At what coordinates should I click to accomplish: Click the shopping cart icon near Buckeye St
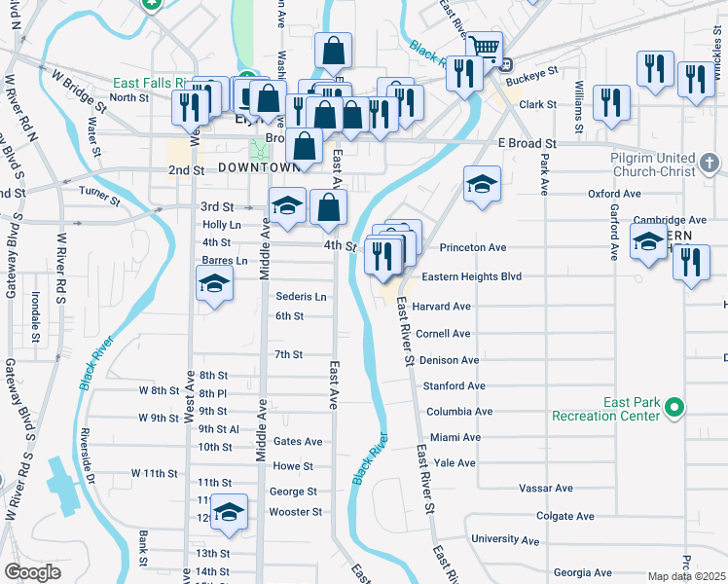(484, 47)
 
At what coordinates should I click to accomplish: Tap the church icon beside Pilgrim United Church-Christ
(710, 160)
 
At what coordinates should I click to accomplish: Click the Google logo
(32, 571)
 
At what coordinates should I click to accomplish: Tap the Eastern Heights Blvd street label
(473, 277)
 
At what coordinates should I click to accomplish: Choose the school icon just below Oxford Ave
(482, 184)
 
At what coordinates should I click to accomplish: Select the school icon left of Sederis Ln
(214, 284)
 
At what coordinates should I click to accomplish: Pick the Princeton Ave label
(473, 248)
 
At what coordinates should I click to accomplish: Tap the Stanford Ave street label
(454, 386)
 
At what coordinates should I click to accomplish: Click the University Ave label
(505, 539)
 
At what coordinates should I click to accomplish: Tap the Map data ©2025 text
(687, 576)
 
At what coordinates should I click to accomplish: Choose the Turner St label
(99, 197)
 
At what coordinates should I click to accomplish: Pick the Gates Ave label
(298, 441)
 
